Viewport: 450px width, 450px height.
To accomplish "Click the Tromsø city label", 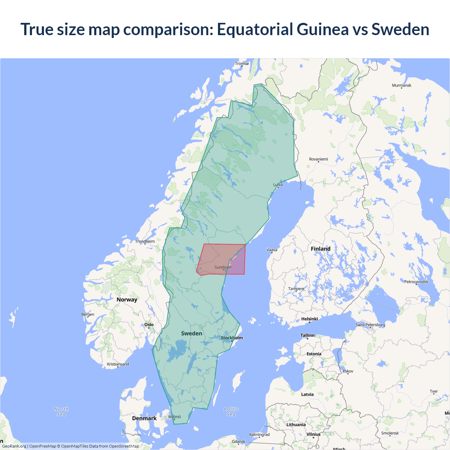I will pyautogui.click(x=242, y=64).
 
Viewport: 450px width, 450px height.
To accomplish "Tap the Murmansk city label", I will pyautogui.click(x=401, y=85).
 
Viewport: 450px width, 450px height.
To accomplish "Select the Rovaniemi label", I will pyautogui.click(x=318, y=159).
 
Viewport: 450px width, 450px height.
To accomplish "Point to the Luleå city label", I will pyautogui.click(x=278, y=185).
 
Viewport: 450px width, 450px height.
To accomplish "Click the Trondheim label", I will pyautogui.click(x=145, y=242).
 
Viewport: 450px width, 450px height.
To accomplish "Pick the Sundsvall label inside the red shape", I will pyautogui.click(x=223, y=267).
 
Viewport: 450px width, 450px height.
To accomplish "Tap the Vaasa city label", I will pyautogui.click(x=272, y=250).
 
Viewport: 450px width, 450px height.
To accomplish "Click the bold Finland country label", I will pyautogui.click(x=321, y=249).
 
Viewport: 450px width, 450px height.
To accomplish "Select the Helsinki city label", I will pyautogui.click(x=309, y=319).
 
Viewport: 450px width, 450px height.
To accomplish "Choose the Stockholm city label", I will pyautogui.click(x=232, y=338).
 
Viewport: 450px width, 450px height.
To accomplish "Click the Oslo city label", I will pyautogui.click(x=149, y=324).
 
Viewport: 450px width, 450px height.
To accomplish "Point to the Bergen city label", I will pyautogui.click(x=88, y=314).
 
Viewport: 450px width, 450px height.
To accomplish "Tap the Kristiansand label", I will pyautogui.click(x=118, y=364).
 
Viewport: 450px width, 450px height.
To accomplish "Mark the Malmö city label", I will pyautogui.click(x=174, y=417).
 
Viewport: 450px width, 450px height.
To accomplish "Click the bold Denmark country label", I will pyautogui.click(x=144, y=418).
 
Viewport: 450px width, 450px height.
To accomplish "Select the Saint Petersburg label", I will pyautogui.click(x=370, y=324).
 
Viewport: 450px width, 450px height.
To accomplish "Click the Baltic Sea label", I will pyautogui.click(x=231, y=412).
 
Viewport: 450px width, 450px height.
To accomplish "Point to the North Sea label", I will pyautogui.click(x=62, y=412).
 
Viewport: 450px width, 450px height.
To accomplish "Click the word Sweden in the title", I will pyautogui.click(x=400, y=29).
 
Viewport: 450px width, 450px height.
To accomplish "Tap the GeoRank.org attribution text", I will pyautogui.click(x=14, y=446).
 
